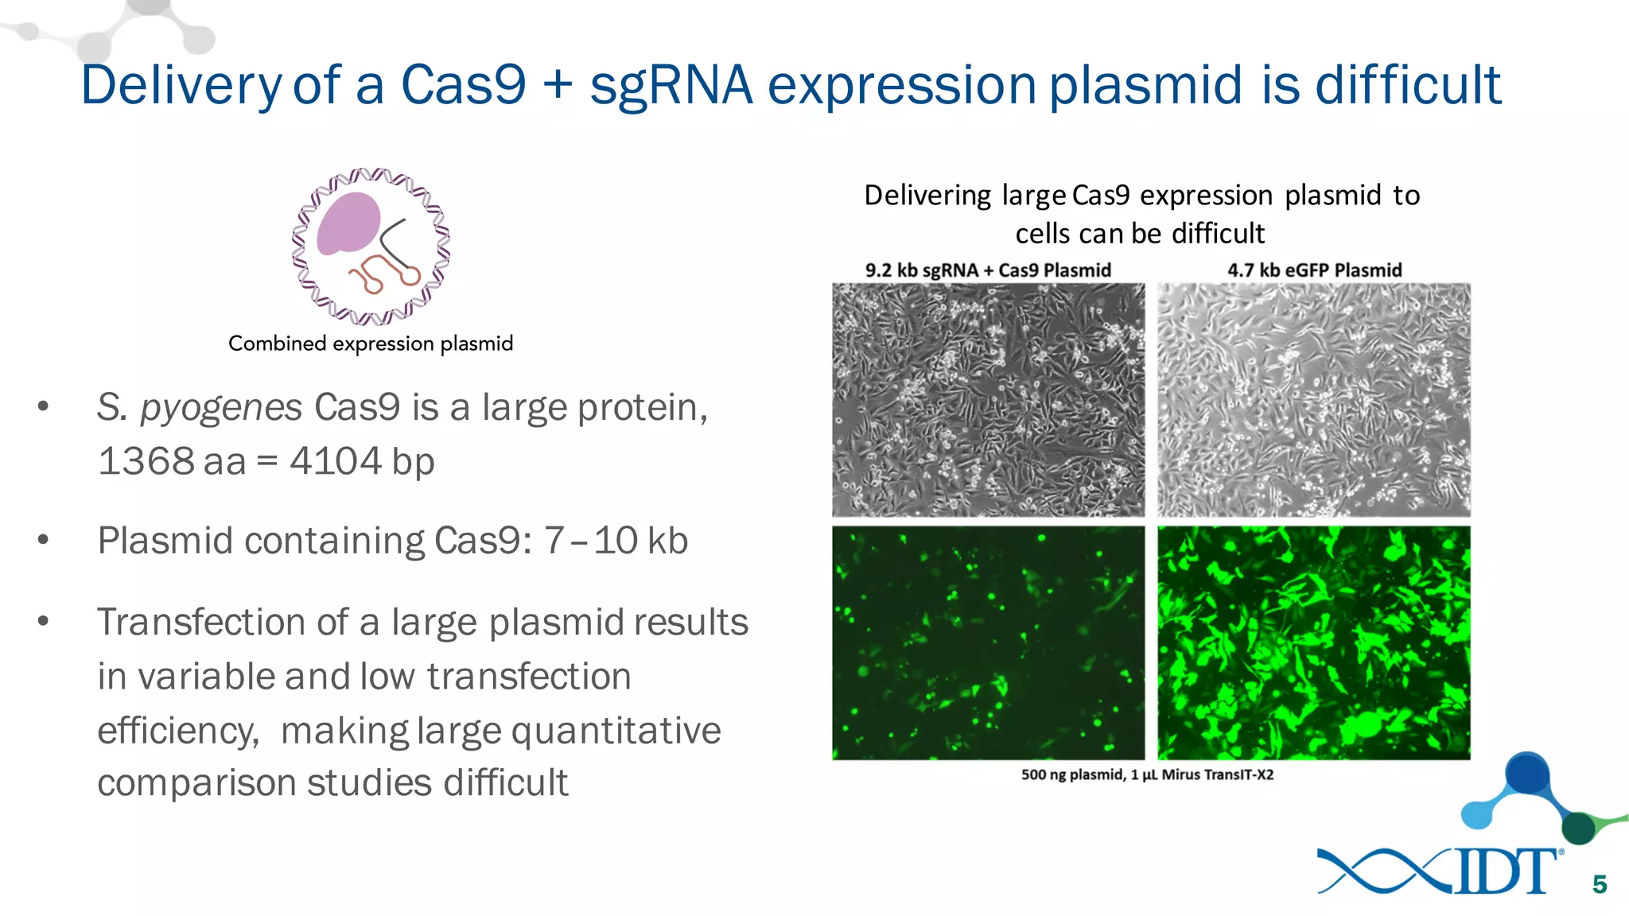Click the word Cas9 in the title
pyautogui.click(x=463, y=85)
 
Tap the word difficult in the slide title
pyautogui.click(x=1408, y=85)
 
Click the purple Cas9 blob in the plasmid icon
pyautogui.click(x=348, y=223)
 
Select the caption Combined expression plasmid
pyautogui.click(x=371, y=343)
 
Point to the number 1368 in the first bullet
pyautogui.click(x=145, y=461)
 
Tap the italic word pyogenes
pyautogui.click(x=220, y=408)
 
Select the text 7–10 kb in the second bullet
pyautogui.click(x=616, y=541)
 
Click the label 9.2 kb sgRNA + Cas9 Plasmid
pyautogui.click(x=988, y=270)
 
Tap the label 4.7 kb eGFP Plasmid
pyautogui.click(x=1314, y=270)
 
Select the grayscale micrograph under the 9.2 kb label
pyautogui.click(x=988, y=400)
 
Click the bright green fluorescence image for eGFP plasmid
pyautogui.click(x=1314, y=642)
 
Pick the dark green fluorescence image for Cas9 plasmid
pyautogui.click(x=988, y=642)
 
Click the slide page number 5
pyautogui.click(x=1600, y=884)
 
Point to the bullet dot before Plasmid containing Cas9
pyautogui.click(x=43, y=541)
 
